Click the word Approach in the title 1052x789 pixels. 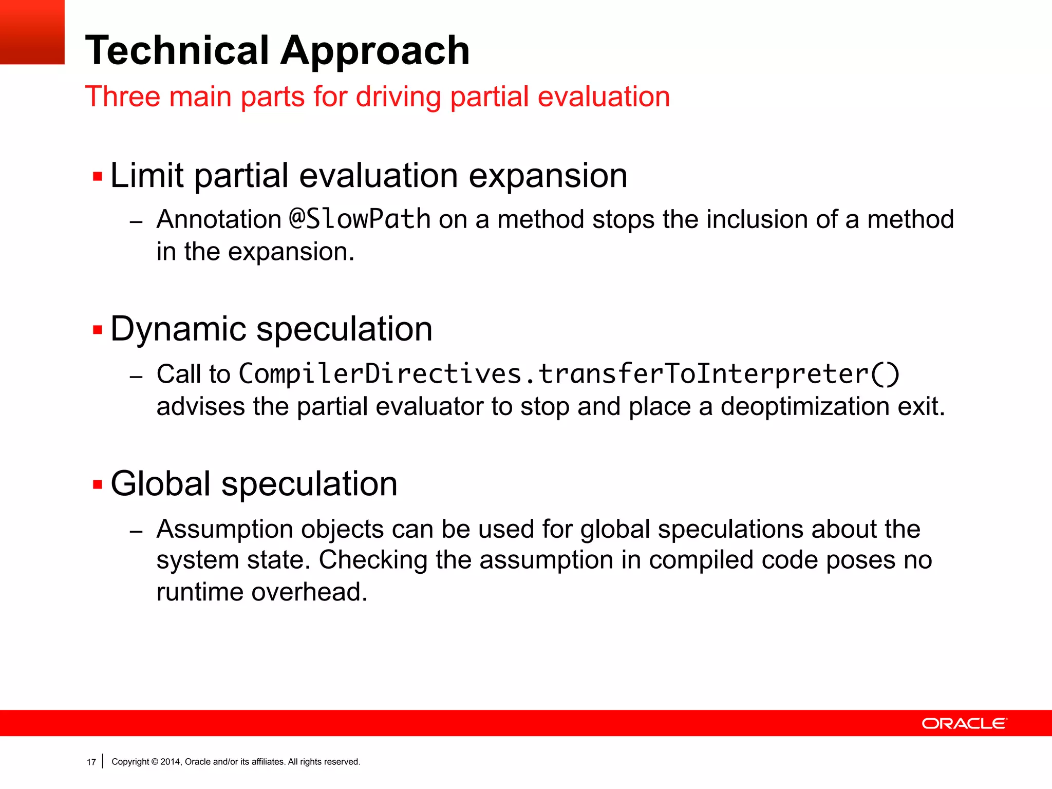[375, 51]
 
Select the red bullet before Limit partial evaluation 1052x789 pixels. [98, 177]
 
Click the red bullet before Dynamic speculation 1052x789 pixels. [98, 329]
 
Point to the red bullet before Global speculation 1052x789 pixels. [98, 484]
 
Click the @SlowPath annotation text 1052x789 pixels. [360, 219]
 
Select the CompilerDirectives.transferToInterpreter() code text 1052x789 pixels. [569, 374]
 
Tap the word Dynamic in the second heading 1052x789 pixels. [178, 329]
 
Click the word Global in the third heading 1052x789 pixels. [160, 484]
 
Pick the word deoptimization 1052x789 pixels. [804, 406]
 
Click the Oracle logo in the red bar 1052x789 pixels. [964, 723]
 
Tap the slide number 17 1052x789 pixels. [91, 762]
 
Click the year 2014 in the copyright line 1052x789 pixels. [170, 762]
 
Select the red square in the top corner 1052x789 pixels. [32, 32]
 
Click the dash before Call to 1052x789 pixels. [136, 377]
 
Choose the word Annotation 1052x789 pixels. [219, 220]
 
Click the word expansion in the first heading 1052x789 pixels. [548, 176]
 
